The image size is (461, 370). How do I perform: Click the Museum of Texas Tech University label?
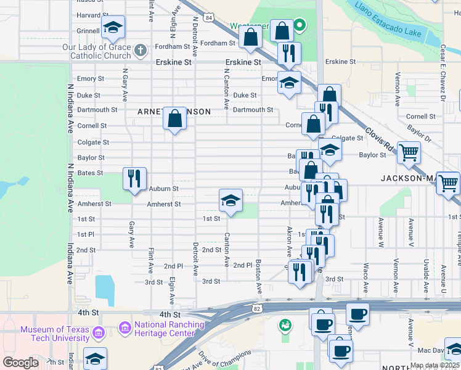pyautogui.click(x=55, y=334)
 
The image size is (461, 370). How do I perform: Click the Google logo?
pyautogui.click(x=20, y=363)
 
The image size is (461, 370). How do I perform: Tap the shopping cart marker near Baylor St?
pyautogui.click(x=409, y=152)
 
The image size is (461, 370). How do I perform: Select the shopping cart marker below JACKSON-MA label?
pyautogui.click(x=447, y=183)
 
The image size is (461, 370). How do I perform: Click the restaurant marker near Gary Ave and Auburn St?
pyautogui.click(x=134, y=178)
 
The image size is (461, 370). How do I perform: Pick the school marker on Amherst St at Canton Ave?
pyautogui.click(x=230, y=200)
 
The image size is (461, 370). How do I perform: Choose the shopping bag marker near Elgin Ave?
pyautogui.click(x=175, y=118)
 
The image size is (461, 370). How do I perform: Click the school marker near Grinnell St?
pyautogui.click(x=113, y=27)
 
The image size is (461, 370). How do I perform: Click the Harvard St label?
pyautogui.click(x=93, y=15)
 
